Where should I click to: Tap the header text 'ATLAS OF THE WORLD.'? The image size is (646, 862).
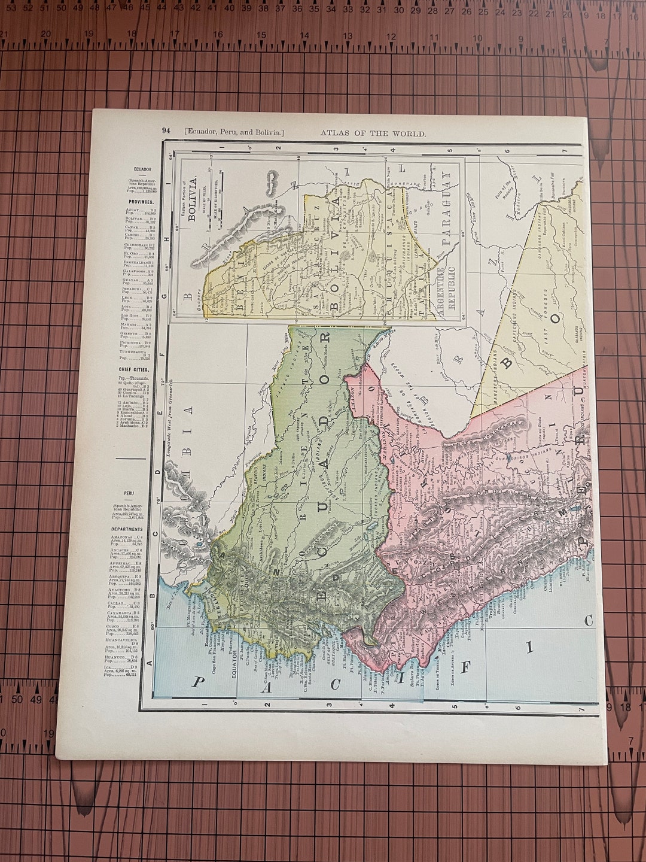373,133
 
